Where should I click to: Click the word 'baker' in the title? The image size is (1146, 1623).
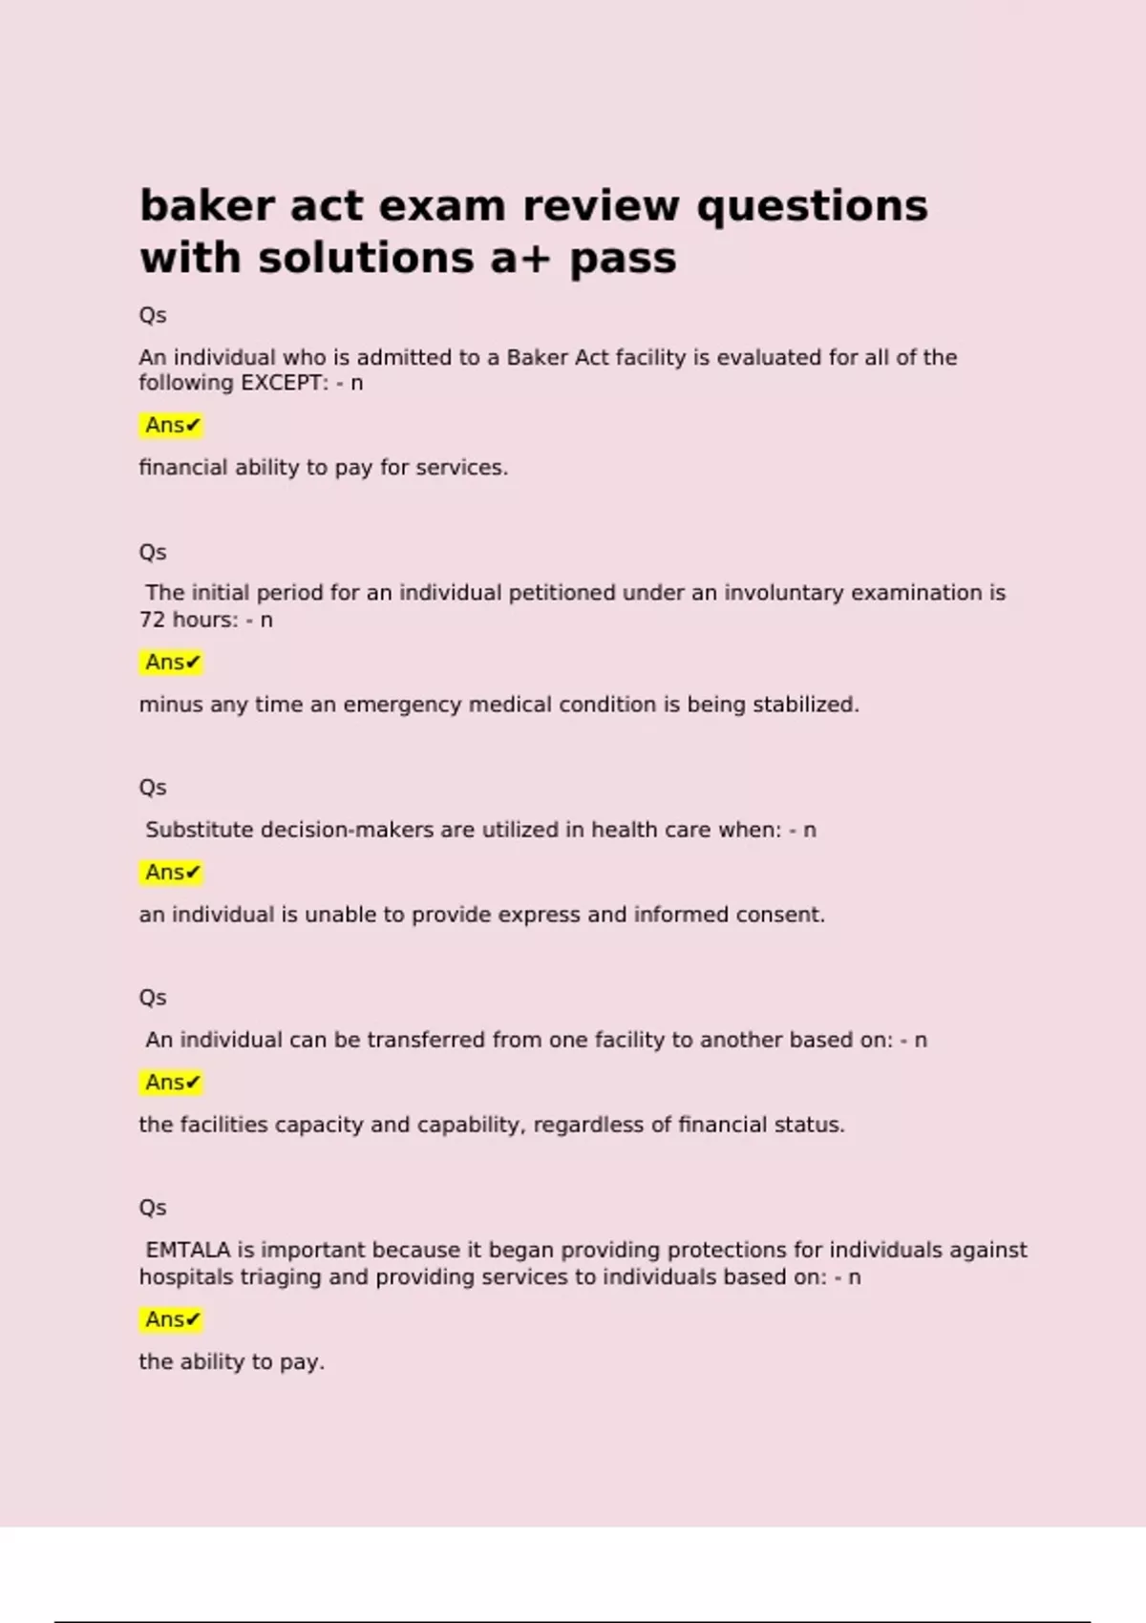[x=206, y=206]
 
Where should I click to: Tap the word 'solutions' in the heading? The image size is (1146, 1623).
[x=366, y=258]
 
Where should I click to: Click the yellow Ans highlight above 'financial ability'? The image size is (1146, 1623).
[x=172, y=425]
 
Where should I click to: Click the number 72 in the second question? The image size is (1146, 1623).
[x=152, y=620]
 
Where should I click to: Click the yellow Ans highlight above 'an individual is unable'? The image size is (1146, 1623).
[x=172, y=873]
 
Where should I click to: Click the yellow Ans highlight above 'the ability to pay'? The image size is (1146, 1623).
[x=172, y=1319]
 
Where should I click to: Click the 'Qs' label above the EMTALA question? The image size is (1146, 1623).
[x=153, y=1208]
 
